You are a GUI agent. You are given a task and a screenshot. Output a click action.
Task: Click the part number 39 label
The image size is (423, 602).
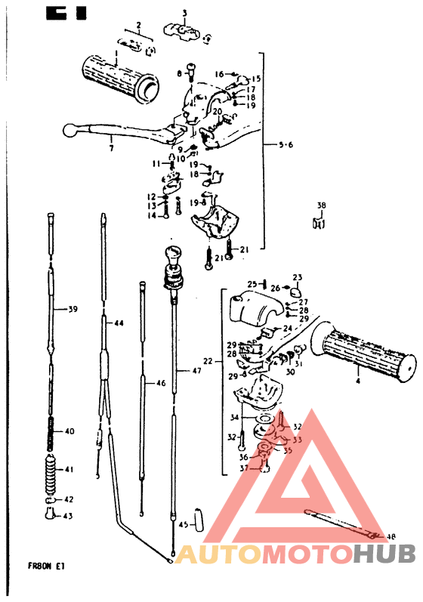(x=73, y=309)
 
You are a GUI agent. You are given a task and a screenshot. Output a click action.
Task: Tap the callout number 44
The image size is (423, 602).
(x=118, y=323)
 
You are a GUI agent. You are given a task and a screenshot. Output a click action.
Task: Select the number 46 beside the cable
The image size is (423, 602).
(x=160, y=384)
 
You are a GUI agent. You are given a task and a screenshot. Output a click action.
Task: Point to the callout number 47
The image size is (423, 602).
(x=196, y=371)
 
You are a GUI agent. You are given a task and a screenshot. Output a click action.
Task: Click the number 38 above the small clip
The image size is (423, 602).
(x=322, y=205)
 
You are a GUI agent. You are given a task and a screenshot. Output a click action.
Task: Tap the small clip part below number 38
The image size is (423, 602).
(x=318, y=222)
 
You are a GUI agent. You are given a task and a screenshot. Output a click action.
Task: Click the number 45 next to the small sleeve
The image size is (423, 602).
(x=183, y=525)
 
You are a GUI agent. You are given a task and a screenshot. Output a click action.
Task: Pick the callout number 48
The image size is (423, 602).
(x=391, y=536)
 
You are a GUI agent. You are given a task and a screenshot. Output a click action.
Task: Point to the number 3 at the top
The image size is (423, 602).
(x=184, y=13)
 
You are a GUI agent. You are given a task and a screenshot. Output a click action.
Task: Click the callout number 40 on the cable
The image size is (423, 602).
(x=69, y=431)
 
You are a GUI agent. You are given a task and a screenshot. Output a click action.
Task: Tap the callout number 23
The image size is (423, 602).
(x=297, y=276)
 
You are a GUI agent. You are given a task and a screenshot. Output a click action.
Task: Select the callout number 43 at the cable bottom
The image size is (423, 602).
(x=69, y=516)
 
